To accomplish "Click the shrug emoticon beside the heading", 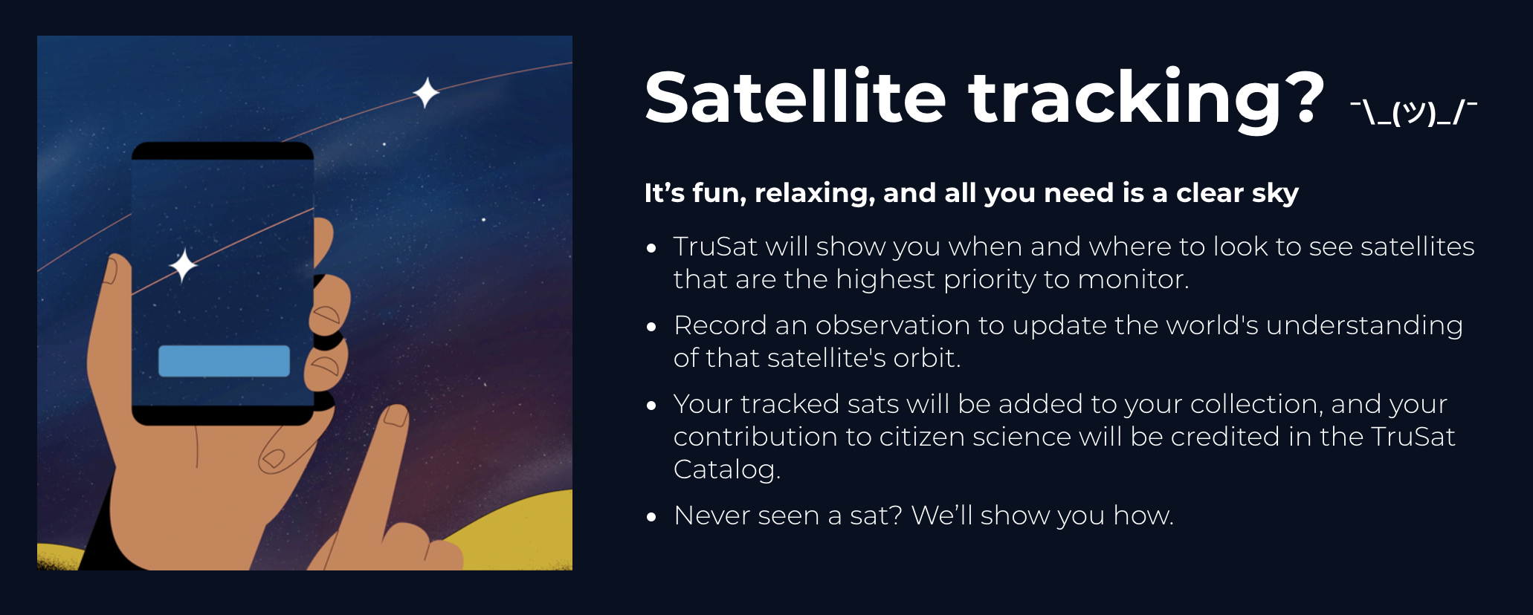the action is (x=1413, y=112).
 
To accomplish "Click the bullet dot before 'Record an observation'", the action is (x=652, y=327).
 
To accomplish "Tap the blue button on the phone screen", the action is (x=224, y=361).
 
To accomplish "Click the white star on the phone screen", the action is (x=183, y=265).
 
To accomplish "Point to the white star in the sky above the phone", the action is (x=426, y=93).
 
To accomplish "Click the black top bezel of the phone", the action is (x=222, y=152).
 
